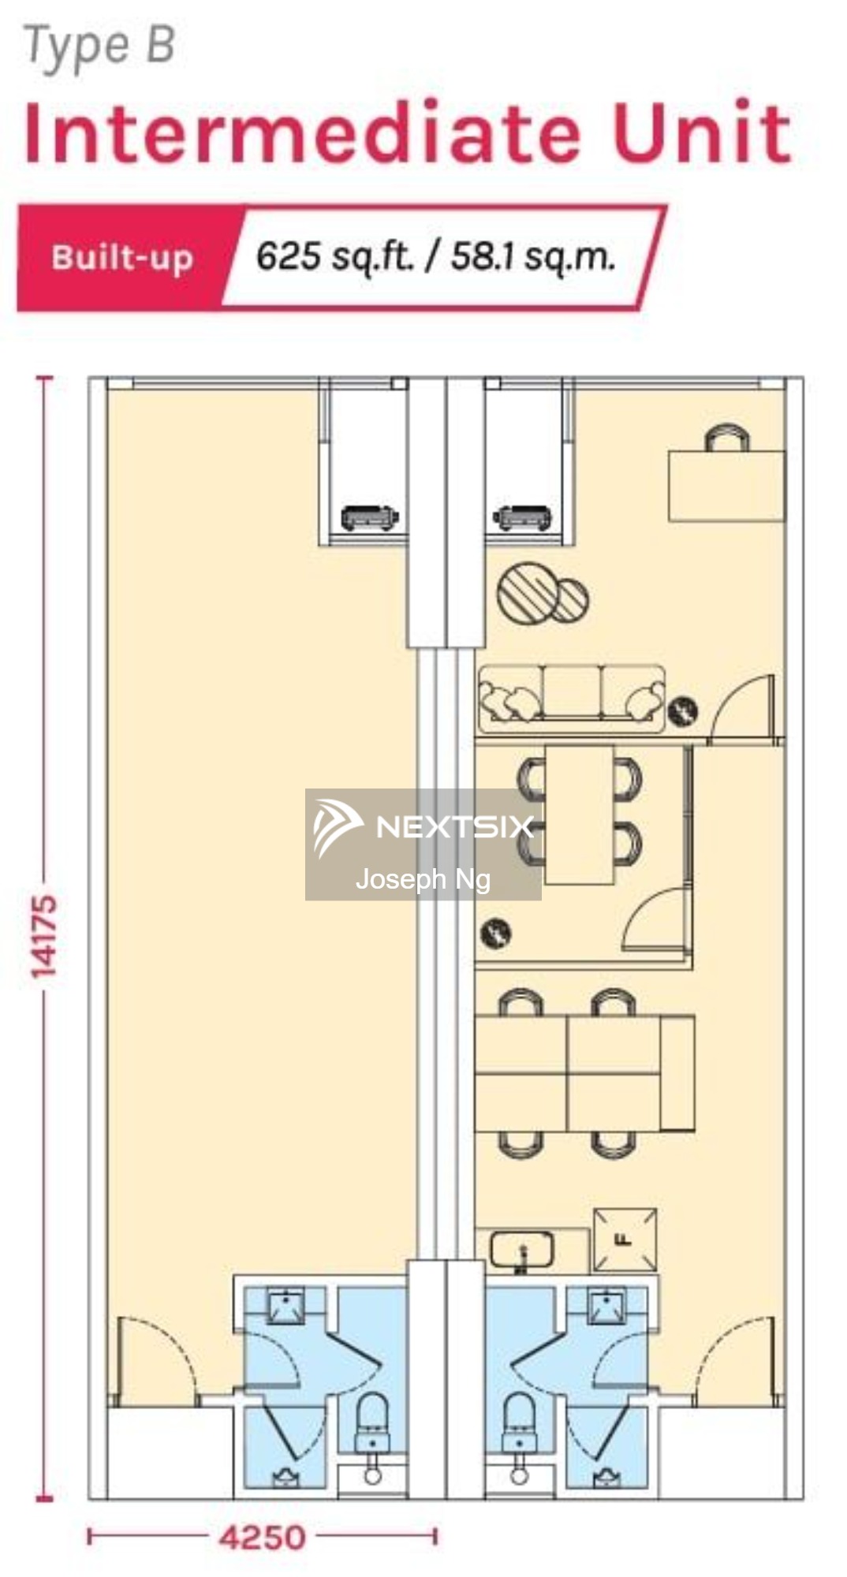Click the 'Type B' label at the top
[x=99, y=46]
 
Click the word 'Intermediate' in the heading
[x=302, y=132]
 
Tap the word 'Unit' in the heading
[x=701, y=132]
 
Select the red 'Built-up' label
[x=122, y=259]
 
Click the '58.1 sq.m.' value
[x=532, y=257]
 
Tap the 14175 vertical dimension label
[x=44, y=937]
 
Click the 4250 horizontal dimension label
[x=262, y=1537]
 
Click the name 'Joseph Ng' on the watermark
[x=423, y=878]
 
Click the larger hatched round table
[x=527, y=591]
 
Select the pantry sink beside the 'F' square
[x=521, y=1250]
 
